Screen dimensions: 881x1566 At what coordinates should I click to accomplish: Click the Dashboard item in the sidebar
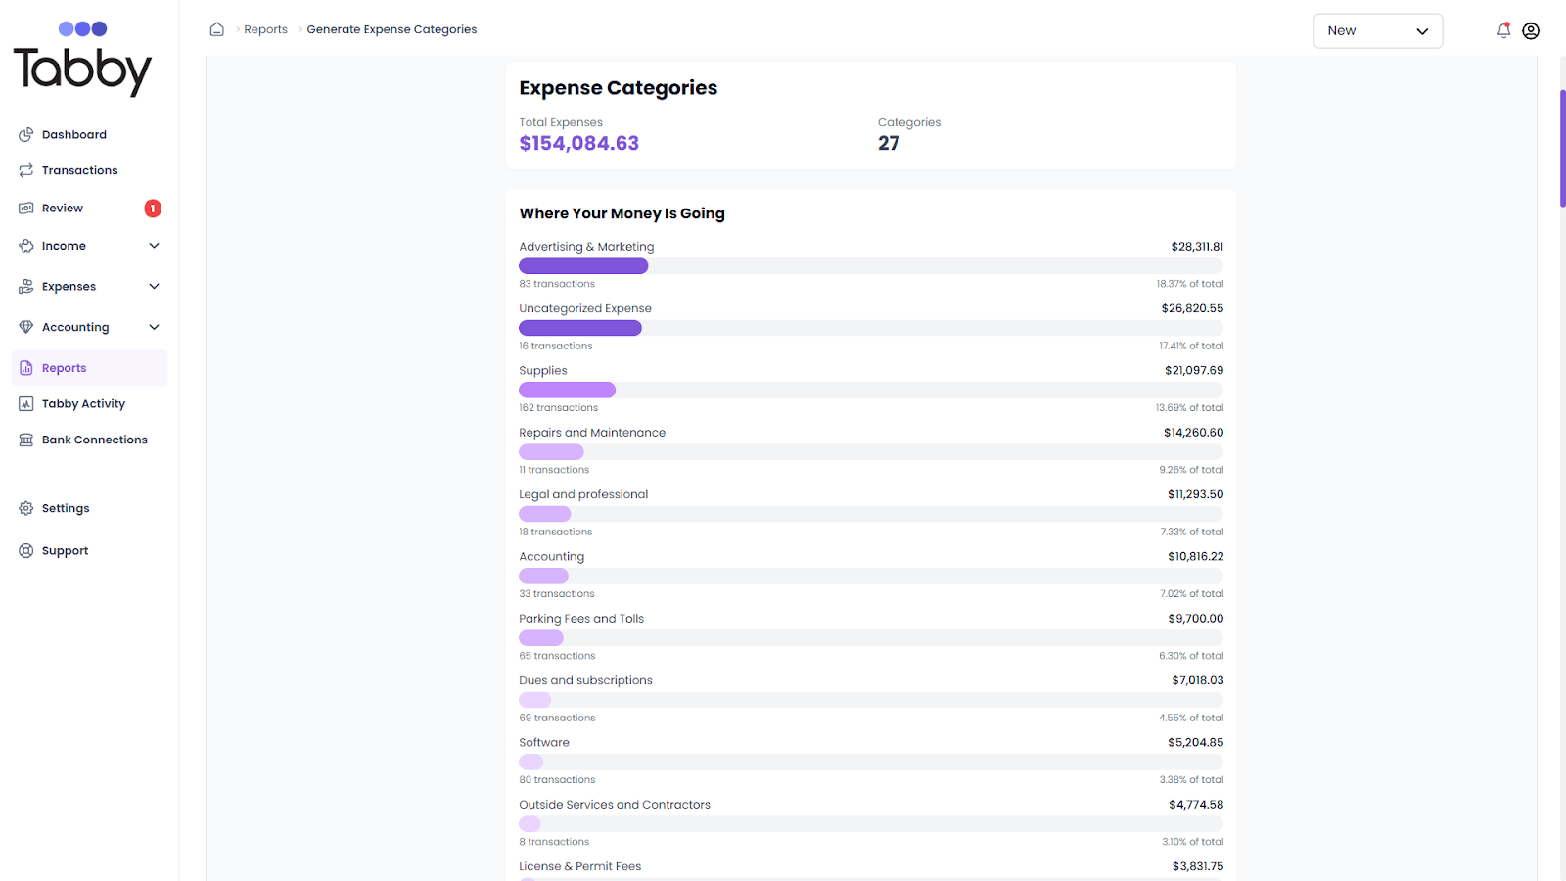point(73,135)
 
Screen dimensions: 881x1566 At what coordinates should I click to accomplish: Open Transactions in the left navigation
point(79,170)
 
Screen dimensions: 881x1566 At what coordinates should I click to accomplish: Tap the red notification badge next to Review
point(153,209)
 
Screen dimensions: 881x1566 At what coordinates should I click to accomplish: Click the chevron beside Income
point(154,246)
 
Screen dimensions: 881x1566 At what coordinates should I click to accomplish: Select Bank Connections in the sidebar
point(94,440)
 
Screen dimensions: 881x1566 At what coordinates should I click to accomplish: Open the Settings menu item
point(66,509)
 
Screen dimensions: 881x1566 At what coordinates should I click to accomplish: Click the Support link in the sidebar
point(65,551)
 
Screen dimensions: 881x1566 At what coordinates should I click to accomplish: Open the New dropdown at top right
point(1377,31)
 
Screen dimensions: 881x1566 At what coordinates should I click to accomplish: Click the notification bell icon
point(1503,31)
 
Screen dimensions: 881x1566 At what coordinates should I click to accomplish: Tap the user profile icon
point(1531,31)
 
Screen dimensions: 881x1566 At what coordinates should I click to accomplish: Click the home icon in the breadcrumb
point(217,29)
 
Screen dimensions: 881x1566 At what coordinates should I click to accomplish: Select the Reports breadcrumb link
point(265,29)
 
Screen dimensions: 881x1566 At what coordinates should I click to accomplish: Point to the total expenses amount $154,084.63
point(578,144)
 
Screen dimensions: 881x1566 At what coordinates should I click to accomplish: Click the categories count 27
point(889,144)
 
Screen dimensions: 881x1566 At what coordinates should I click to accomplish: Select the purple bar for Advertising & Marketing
point(583,266)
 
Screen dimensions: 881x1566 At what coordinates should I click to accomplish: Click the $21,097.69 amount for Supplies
point(1193,371)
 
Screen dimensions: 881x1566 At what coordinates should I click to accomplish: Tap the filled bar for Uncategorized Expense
point(580,328)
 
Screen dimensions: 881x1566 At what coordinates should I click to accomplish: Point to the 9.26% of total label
point(1191,470)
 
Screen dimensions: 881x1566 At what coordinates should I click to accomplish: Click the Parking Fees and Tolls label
point(581,619)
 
